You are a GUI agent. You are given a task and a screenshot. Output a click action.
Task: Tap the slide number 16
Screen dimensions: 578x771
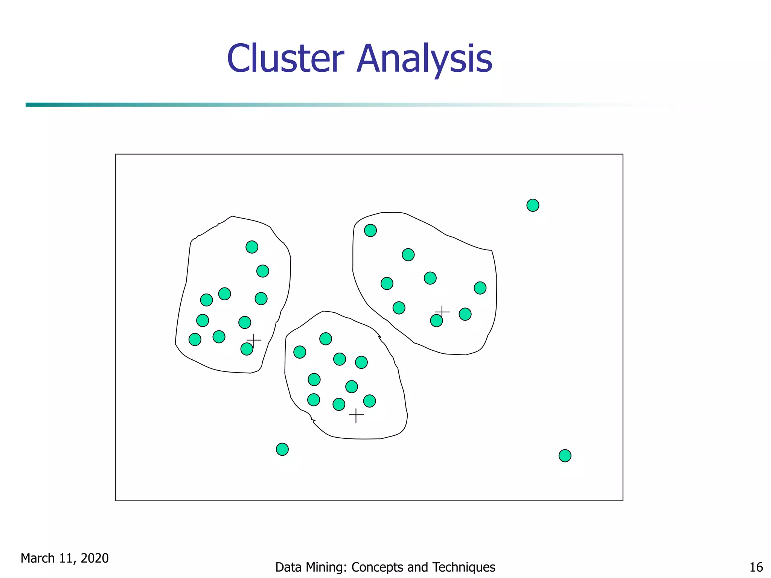pyautogui.click(x=756, y=567)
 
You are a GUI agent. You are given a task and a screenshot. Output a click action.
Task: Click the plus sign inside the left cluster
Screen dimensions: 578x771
pyautogui.click(x=254, y=340)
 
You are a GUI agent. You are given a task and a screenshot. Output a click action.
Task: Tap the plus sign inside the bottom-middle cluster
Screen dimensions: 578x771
pyautogui.click(x=356, y=415)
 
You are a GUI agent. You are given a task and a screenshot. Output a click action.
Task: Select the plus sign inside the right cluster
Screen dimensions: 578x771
pyautogui.click(x=442, y=312)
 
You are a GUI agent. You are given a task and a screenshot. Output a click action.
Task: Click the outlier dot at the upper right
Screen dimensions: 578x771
pyautogui.click(x=533, y=205)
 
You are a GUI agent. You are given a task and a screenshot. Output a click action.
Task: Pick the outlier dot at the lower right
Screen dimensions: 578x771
pyautogui.click(x=565, y=456)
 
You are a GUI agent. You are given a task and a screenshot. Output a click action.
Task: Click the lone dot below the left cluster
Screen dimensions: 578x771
pyautogui.click(x=282, y=449)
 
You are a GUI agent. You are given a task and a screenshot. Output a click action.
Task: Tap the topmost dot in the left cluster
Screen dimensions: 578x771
pyautogui.click(x=252, y=247)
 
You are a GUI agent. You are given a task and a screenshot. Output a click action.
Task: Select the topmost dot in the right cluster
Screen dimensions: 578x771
pyautogui.click(x=370, y=230)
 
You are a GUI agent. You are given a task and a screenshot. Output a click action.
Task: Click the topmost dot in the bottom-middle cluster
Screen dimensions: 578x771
pyautogui.click(x=326, y=339)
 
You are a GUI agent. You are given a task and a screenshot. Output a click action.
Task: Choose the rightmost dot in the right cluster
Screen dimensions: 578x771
pyautogui.click(x=480, y=288)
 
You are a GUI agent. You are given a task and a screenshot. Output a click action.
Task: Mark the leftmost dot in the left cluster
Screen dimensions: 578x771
pyautogui.click(x=195, y=339)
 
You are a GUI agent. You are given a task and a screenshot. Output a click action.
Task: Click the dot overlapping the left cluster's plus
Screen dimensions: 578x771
pyautogui.click(x=247, y=349)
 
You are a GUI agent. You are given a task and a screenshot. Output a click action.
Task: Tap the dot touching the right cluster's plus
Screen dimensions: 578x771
pyautogui.click(x=436, y=321)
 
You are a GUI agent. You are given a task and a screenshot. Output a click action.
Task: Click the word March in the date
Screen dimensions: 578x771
pyautogui.click(x=38, y=558)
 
